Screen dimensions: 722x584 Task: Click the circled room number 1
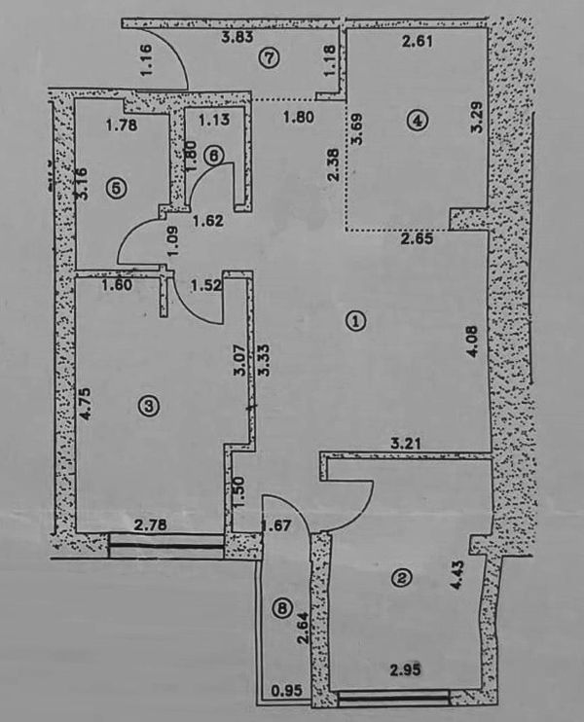click(357, 320)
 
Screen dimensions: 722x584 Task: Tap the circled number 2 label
click(401, 578)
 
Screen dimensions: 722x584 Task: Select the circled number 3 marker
click(148, 407)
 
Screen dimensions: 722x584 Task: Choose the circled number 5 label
click(117, 189)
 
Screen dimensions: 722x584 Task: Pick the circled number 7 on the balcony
click(270, 57)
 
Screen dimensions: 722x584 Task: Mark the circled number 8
click(282, 609)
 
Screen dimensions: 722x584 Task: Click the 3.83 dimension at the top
click(238, 39)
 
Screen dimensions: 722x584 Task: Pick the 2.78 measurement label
click(151, 525)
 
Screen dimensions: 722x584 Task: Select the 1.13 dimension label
click(211, 121)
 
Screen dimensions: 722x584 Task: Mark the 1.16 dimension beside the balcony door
click(146, 62)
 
